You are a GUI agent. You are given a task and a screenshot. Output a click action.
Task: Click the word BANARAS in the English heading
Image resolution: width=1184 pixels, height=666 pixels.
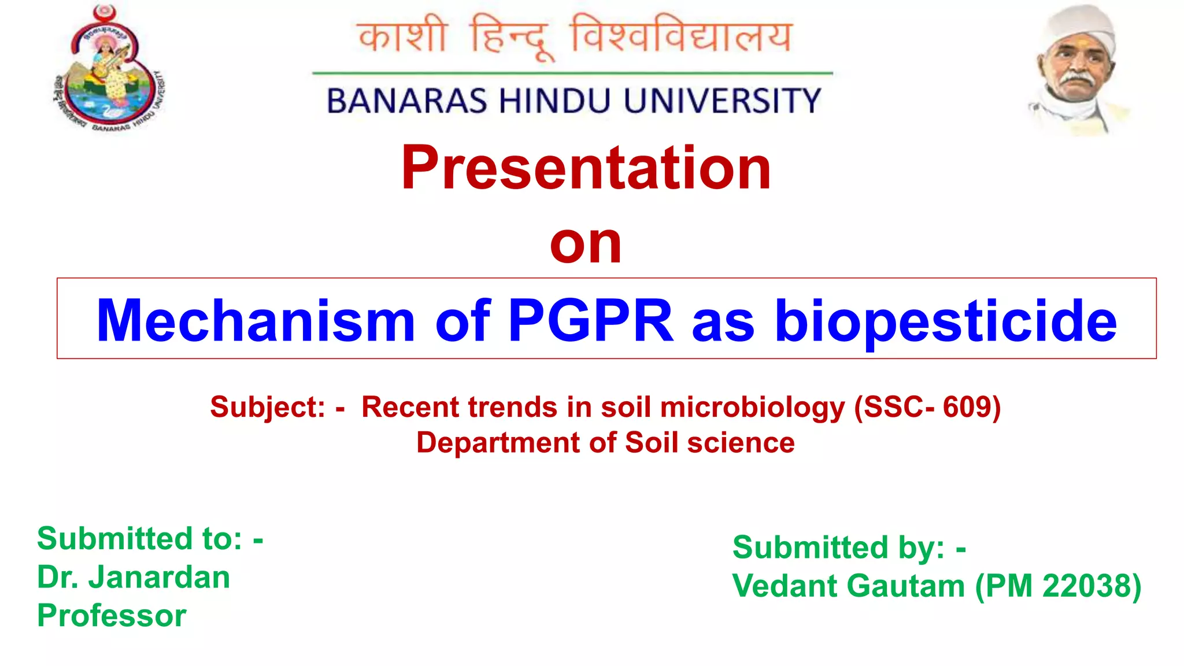pos(407,101)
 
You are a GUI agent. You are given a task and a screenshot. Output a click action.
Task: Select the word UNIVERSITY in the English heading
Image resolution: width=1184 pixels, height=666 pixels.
pos(722,101)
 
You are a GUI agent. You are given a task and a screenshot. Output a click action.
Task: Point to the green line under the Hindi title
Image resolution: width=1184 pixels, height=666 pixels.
pos(572,73)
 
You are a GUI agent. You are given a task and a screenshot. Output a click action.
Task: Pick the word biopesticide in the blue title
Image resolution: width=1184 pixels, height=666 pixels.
pos(946,321)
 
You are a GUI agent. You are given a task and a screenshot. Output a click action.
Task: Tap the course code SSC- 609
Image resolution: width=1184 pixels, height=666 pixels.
pos(928,407)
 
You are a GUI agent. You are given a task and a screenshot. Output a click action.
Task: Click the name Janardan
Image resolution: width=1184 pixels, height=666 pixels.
pos(159,577)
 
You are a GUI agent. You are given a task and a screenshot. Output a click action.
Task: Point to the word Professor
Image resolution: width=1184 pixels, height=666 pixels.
pos(112,615)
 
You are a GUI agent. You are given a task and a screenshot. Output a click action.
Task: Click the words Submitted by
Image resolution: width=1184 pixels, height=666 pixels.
pos(838,547)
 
